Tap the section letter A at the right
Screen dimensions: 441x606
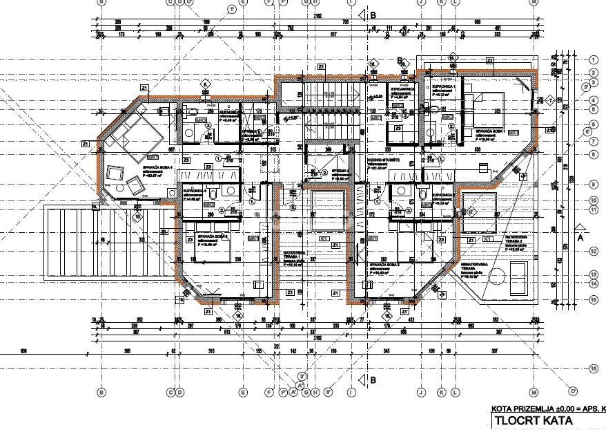click(580, 235)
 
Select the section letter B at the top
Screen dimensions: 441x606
click(373, 14)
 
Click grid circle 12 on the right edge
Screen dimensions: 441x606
click(593, 250)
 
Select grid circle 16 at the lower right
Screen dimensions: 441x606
click(593, 366)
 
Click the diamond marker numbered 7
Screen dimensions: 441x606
click(550, 100)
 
